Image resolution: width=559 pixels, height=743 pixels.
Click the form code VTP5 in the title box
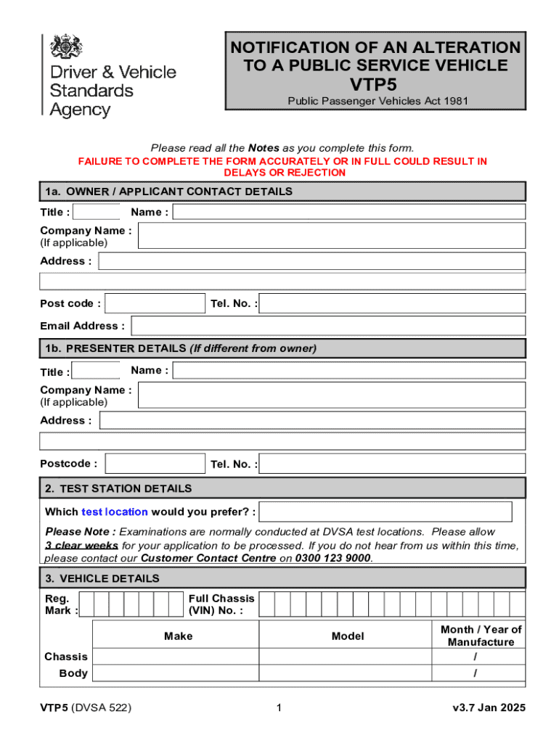pyautogui.click(x=375, y=83)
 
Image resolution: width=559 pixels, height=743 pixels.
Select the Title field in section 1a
pyautogui.click(x=97, y=212)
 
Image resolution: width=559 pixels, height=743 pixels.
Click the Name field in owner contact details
pyautogui.click(x=348, y=212)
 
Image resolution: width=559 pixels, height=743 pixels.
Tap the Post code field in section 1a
pyautogui.click(x=155, y=303)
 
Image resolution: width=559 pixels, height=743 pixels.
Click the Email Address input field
pyautogui.click(x=328, y=326)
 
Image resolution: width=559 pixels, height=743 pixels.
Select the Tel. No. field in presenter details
pyautogui.click(x=392, y=464)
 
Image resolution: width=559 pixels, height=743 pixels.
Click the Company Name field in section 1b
pyautogui.click(x=331, y=395)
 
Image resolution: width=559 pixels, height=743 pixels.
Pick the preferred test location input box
pyautogui.click(x=385, y=512)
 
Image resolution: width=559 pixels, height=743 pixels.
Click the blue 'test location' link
pyautogui.click(x=115, y=512)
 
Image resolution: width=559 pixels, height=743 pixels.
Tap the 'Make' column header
pyautogui.click(x=178, y=636)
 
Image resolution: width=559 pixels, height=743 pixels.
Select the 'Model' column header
pyautogui.click(x=348, y=636)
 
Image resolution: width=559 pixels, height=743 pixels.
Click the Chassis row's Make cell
pyautogui.click(x=176, y=657)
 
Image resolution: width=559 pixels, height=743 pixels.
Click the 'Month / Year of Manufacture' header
pyautogui.click(x=481, y=636)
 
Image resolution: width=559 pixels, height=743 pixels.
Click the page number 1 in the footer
pyautogui.click(x=279, y=708)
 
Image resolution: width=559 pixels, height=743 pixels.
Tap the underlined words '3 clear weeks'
pyautogui.click(x=81, y=545)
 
